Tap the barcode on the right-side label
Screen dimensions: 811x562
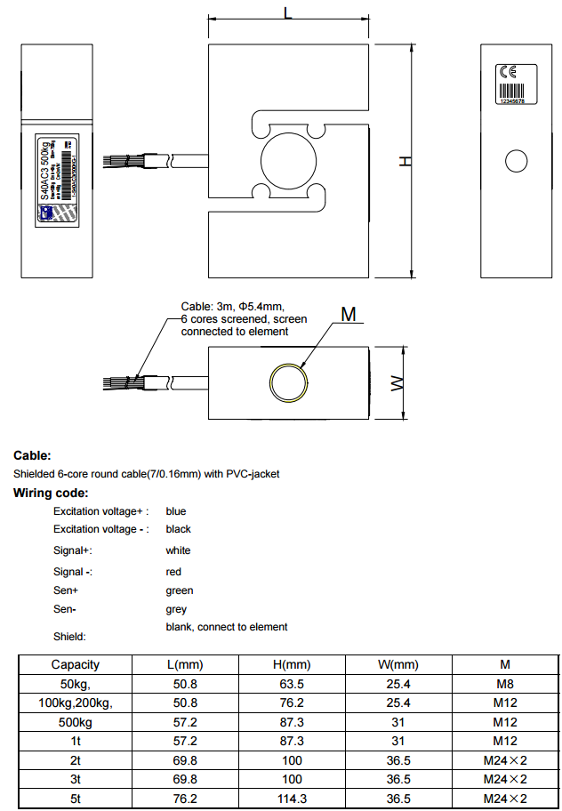513,91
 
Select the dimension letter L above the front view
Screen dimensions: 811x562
286,12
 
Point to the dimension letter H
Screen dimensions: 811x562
405,161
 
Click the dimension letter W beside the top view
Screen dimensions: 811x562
398,384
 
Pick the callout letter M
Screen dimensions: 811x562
349,315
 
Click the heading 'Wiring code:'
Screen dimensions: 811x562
51,493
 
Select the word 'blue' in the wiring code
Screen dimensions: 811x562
176,511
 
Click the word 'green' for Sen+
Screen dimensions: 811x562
179,590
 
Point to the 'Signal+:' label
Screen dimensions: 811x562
72,550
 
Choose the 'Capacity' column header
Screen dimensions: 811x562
76,664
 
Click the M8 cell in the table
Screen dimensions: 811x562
505,685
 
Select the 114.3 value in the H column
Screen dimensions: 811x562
292,799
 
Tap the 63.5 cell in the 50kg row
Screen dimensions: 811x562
292,685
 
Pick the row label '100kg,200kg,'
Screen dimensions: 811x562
76,703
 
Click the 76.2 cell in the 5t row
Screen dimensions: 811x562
185,799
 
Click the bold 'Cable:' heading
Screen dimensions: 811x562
33,455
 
